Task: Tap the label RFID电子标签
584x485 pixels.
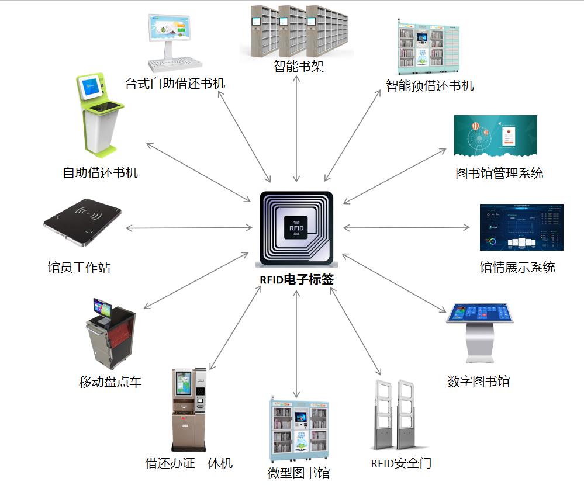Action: tap(297, 279)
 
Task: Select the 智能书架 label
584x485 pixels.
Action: tap(298, 67)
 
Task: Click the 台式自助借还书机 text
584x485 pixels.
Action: tap(175, 83)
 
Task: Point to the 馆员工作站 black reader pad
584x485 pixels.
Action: tap(82, 222)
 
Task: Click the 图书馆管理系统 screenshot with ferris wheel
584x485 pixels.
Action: tap(495, 136)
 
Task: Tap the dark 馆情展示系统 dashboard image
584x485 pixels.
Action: tap(521, 227)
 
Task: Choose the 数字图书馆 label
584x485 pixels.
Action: tap(478, 382)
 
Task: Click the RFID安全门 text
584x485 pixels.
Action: tap(401, 463)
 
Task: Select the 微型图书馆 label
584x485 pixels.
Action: tap(298, 473)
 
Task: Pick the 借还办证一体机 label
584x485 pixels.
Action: tap(189, 463)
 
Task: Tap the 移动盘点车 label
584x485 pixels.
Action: tap(110, 382)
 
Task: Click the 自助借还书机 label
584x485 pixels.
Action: tap(101, 173)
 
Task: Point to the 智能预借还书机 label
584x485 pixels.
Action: tap(430, 86)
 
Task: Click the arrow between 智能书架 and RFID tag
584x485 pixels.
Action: tap(298, 129)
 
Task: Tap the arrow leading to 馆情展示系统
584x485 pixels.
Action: tap(406, 227)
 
